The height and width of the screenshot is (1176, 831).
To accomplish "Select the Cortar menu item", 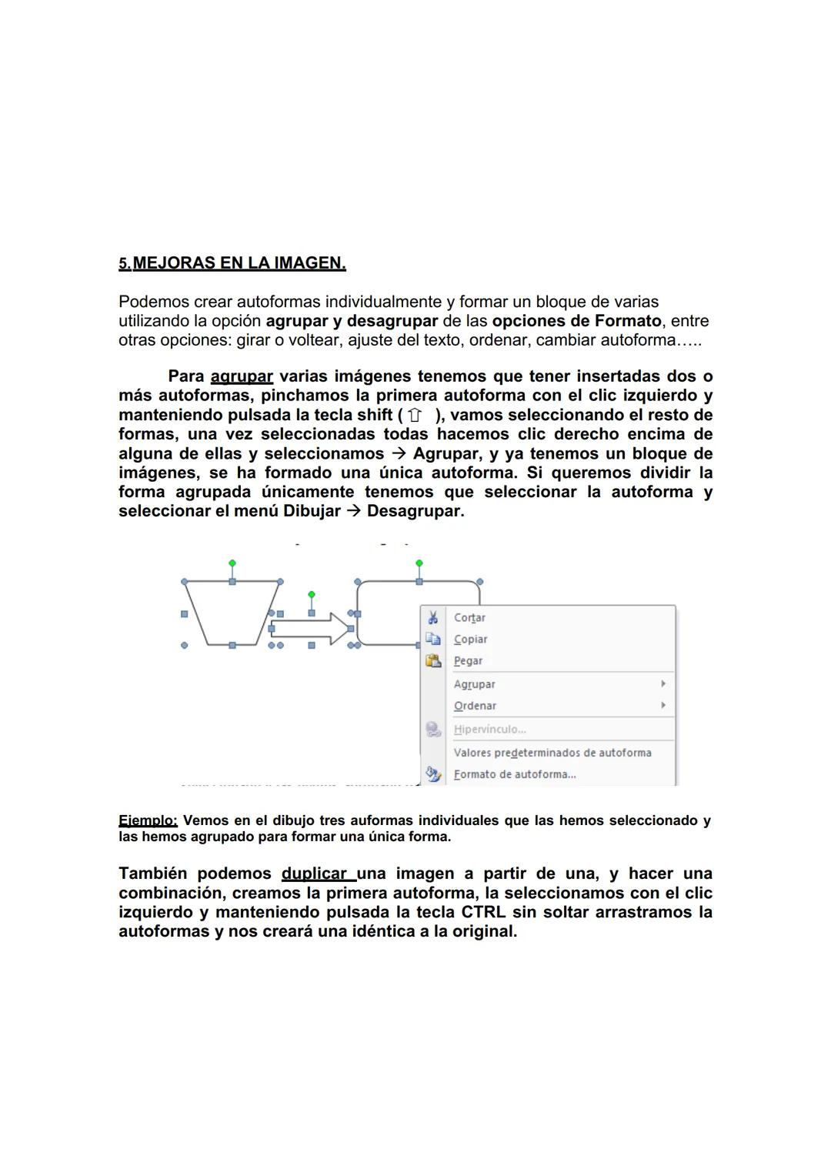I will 469,617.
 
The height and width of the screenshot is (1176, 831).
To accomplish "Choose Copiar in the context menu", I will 470,639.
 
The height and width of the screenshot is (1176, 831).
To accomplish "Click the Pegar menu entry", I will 468,660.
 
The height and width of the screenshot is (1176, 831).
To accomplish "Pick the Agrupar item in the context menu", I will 474,684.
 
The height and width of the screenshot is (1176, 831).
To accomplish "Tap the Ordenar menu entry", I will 475,706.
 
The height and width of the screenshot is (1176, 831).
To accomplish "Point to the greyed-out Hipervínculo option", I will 489,729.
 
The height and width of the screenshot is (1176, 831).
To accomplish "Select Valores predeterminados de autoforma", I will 552,753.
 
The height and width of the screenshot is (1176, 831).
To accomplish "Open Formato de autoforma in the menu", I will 514,774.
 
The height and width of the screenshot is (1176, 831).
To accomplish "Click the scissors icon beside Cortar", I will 433,617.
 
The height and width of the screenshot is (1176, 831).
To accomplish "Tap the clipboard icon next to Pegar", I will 433,660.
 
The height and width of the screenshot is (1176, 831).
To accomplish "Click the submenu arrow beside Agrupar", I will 662,683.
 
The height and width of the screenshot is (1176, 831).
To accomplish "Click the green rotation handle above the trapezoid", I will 232,563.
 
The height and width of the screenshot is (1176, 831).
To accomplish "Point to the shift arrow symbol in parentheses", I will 415,416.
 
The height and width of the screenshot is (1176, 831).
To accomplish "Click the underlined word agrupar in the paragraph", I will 241,376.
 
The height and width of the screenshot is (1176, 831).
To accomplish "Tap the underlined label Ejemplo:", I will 148,820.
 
